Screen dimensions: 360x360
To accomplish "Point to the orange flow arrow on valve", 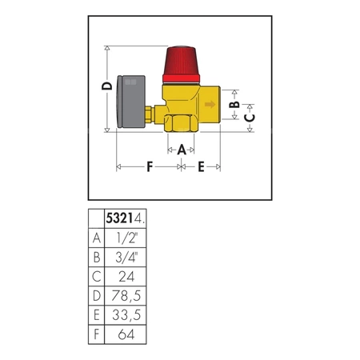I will (210, 104).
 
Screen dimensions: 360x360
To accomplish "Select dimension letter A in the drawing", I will (182, 149).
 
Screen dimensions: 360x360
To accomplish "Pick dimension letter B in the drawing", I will (234, 105).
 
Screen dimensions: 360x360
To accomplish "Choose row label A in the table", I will (97, 238).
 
